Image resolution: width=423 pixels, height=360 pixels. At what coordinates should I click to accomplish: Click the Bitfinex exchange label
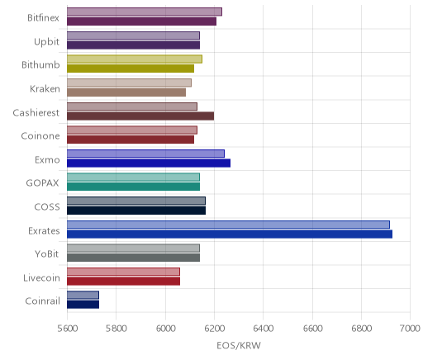click(x=43, y=18)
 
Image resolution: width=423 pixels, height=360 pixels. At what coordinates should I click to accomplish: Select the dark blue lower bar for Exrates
click(x=230, y=234)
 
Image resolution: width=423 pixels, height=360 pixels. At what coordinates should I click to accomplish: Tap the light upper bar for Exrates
click(x=228, y=225)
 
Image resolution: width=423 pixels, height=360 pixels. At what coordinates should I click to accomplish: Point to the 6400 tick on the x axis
click(x=264, y=329)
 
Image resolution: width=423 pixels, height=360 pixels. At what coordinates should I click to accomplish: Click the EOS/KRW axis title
click(x=239, y=345)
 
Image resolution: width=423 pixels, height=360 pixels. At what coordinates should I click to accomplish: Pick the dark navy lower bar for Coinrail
click(x=83, y=305)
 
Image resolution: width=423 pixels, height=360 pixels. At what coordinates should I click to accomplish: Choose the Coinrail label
click(x=42, y=301)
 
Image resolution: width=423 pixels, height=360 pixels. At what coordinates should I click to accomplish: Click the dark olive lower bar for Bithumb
click(x=131, y=69)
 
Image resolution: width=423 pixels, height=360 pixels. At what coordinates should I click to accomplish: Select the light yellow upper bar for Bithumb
click(x=135, y=59)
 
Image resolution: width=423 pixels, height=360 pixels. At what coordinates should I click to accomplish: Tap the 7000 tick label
click(x=410, y=329)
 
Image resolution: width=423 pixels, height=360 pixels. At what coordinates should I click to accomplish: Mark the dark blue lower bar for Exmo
click(x=149, y=163)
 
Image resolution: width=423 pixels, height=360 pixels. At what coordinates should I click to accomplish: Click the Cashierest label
click(x=36, y=112)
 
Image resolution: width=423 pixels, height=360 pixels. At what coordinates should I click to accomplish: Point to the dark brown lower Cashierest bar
click(x=140, y=116)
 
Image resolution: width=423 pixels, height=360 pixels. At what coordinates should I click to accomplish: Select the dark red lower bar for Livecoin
click(x=123, y=281)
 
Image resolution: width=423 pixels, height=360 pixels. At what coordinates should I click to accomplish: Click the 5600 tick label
click(x=68, y=329)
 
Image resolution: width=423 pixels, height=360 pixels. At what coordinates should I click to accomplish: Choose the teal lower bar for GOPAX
click(x=133, y=187)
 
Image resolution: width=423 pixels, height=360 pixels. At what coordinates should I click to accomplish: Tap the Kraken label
click(x=45, y=89)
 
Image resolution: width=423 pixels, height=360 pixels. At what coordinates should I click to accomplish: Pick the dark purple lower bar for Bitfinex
click(x=141, y=21)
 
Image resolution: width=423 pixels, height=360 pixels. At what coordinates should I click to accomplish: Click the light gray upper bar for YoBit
click(x=133, y=249)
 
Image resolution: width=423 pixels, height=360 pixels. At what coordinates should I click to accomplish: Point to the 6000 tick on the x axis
click(x=165, y=329)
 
